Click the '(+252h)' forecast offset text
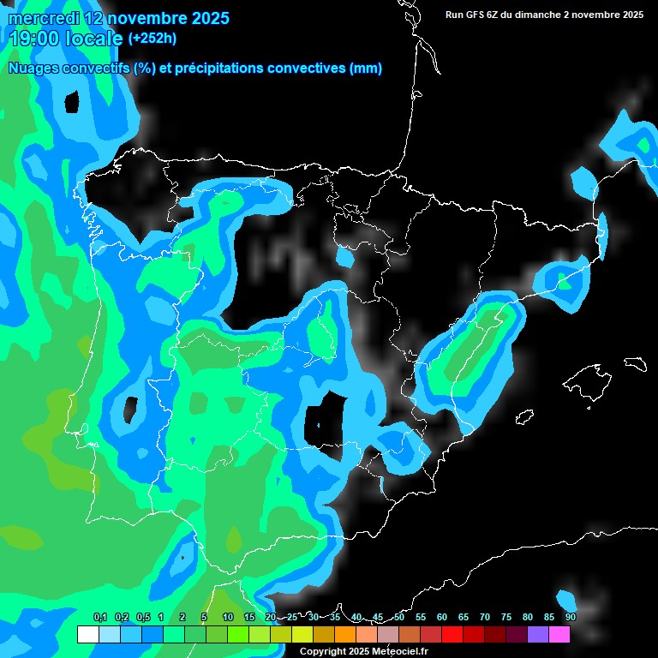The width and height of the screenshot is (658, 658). (153, 38)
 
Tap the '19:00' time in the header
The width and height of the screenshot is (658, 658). (32, 39)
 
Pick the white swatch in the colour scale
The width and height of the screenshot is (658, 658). (87, 635)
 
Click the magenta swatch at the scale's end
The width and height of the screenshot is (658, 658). (559, 635)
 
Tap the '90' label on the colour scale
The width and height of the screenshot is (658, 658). (571, 617)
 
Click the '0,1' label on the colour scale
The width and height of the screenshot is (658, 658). (99, 617)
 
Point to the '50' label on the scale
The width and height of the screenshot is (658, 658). (399, 617)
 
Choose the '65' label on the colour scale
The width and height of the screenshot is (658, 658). (464, 617)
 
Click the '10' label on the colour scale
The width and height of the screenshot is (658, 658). (228, 617)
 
